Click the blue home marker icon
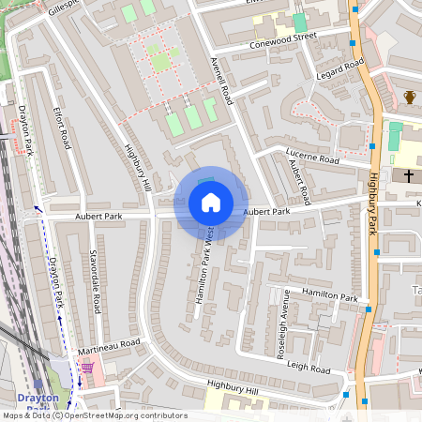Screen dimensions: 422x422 tap(211, 203)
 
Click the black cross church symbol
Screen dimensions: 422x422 tap(408, 175)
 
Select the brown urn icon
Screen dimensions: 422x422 tap(409, 97)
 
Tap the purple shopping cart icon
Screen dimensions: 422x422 tap(87, 367)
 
